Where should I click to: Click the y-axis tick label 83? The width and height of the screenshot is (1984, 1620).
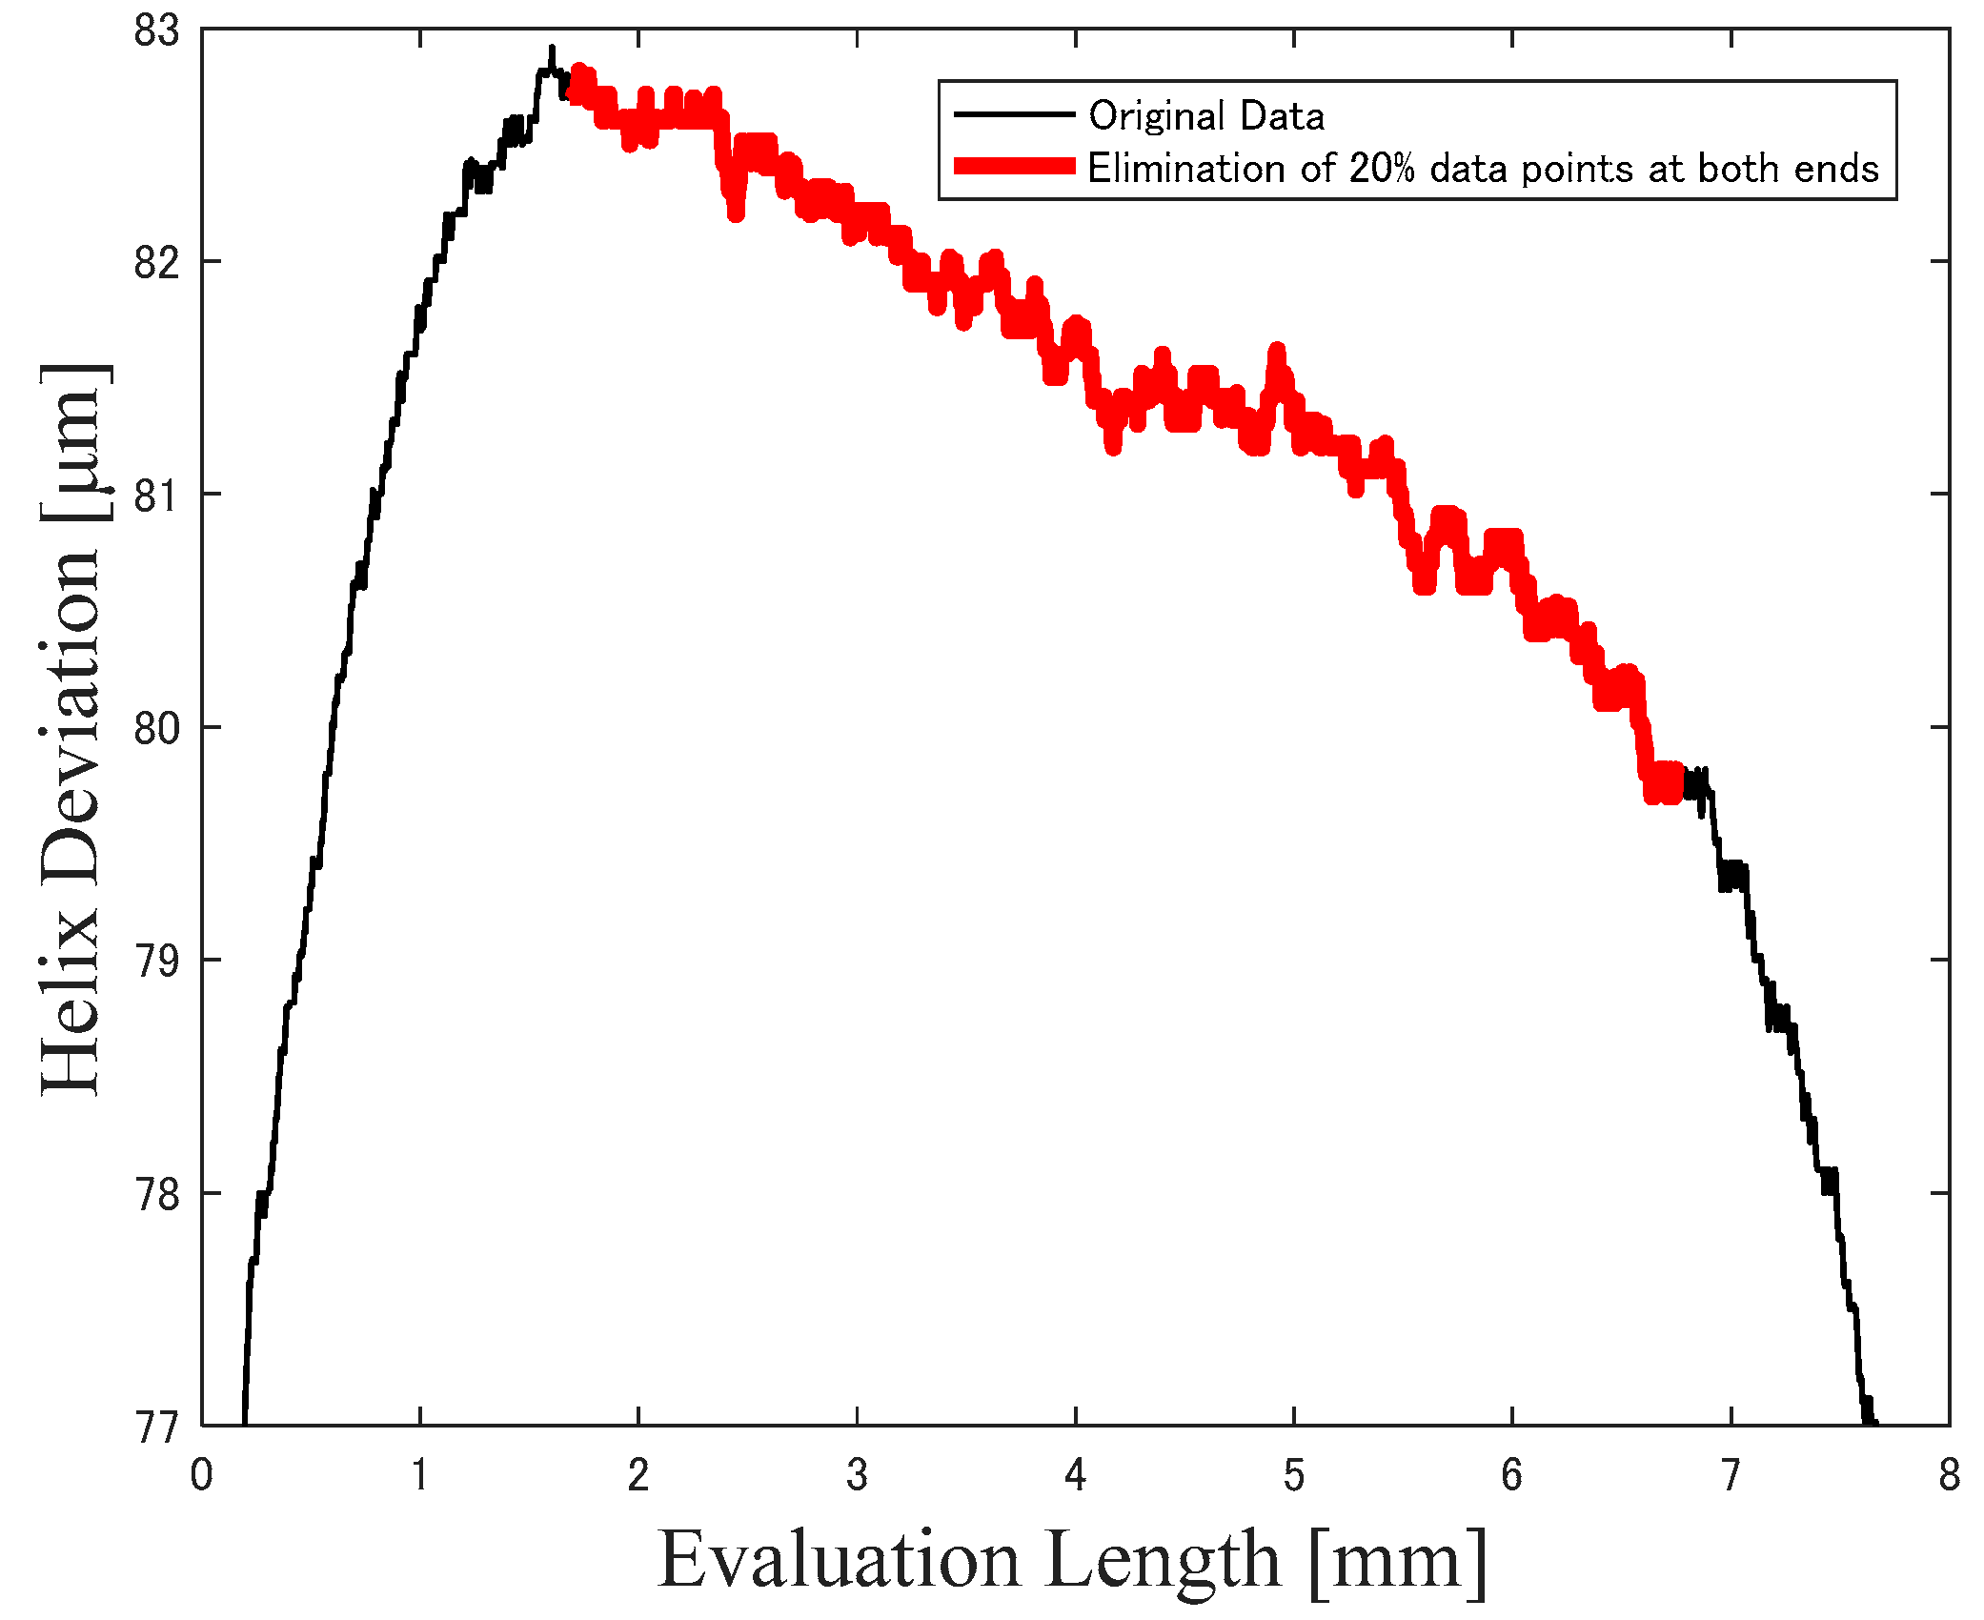[156, 30]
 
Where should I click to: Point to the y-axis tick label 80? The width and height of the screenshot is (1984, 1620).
[156, 728]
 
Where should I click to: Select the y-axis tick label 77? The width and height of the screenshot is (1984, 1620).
[156, 1428]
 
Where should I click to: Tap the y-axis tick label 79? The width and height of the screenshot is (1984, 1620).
[156, 961]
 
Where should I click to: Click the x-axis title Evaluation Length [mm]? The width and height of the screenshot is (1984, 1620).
[1072, 1560]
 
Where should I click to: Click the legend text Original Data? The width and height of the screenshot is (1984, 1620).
[1206, 116]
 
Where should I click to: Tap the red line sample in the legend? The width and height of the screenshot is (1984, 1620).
[1014, 167]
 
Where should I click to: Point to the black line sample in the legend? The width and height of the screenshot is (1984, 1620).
[1014, 114]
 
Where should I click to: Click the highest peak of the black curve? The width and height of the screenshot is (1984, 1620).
[551, 48]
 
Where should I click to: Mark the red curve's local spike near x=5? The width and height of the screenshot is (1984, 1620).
[1276, 351]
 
